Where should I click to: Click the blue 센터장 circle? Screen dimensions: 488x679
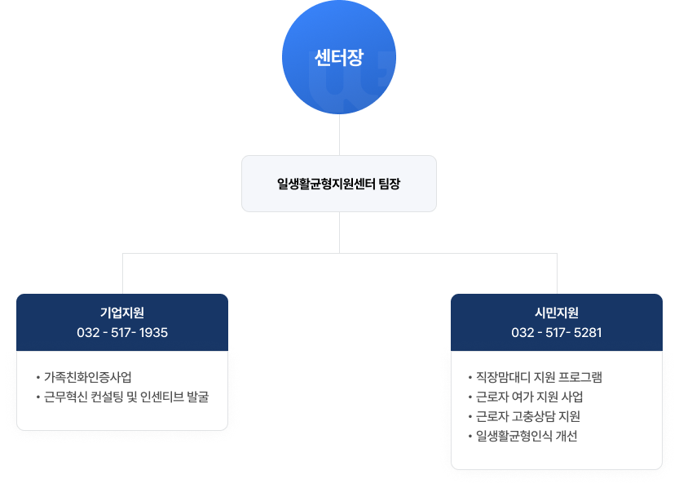tap(339, 57)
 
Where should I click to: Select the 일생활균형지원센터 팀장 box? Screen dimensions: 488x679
tap(339, 184)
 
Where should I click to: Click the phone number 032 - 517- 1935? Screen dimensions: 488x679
tap(122, 333)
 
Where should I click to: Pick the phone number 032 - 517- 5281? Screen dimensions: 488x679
tap(557, 333)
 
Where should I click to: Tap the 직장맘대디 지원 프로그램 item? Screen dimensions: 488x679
tap(540, 377)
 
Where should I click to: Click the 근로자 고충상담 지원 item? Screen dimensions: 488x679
tap(528, 416)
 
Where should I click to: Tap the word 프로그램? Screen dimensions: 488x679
tap(580, 377)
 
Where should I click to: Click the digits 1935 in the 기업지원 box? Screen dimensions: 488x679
tap(154, 333)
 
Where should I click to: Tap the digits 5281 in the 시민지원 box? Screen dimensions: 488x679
tap(588, 333)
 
